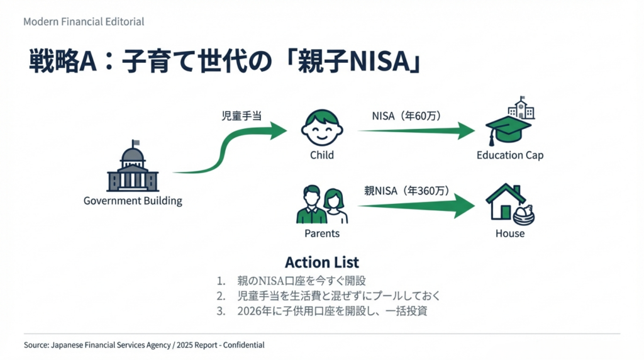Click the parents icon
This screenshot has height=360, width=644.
321,205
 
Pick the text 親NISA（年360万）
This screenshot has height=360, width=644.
407,191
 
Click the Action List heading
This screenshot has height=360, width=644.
322,262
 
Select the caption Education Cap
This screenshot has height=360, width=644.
509,155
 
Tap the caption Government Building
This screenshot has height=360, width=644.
133,201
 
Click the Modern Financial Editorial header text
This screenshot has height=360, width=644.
84,21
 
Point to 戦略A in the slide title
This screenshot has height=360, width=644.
62,63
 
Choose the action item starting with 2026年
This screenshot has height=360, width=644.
332,311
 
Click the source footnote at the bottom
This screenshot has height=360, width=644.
144,345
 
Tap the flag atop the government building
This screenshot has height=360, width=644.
135,143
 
